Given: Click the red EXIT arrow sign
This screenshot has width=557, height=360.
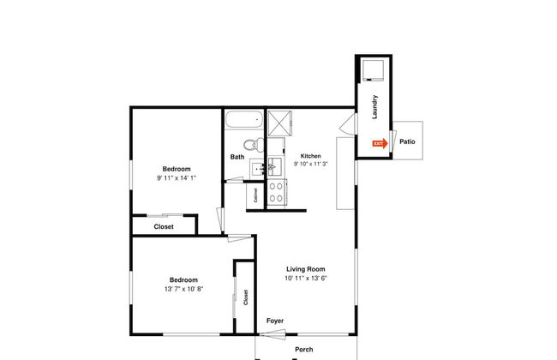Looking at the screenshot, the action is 380,144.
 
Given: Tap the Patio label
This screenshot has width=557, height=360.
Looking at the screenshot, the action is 407,141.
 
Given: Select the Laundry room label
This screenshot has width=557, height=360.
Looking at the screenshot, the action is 374,106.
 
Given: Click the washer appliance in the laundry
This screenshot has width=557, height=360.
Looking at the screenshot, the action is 373,70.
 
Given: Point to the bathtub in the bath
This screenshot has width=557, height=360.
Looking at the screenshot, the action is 244,119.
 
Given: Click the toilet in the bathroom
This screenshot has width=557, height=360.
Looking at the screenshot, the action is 254,145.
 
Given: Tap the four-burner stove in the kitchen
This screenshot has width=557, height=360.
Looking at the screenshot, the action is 277,192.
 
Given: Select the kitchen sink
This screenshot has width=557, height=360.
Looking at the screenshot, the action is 274,166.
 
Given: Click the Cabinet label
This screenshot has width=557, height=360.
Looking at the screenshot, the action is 255,195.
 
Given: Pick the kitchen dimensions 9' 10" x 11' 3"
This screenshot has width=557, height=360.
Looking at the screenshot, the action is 310,164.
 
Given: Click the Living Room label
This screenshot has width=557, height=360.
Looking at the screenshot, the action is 306,269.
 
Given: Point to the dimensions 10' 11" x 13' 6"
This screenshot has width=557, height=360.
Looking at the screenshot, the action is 306,279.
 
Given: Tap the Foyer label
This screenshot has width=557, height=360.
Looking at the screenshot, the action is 275,321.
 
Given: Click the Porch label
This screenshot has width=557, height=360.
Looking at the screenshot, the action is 304,350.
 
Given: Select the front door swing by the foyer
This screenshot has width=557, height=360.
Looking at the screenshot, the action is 273,334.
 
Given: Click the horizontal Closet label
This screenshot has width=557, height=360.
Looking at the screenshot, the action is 164,226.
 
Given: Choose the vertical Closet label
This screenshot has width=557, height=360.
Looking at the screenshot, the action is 246,297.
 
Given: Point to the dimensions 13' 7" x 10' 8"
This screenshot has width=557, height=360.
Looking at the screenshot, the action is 183,289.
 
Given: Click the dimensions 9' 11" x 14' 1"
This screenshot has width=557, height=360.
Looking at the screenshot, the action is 177,178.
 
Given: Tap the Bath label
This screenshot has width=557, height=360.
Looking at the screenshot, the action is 237,157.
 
